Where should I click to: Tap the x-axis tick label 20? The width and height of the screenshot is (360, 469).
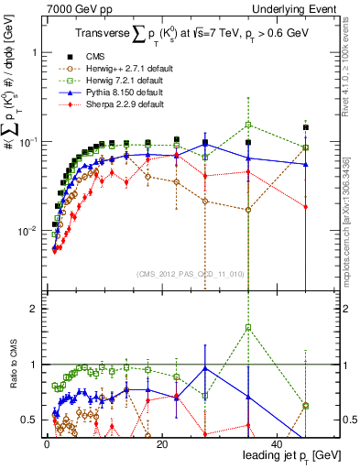click(161, 443)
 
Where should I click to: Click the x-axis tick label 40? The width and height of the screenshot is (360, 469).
click(278, 443)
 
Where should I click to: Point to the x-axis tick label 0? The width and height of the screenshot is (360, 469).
click(45, 443)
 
